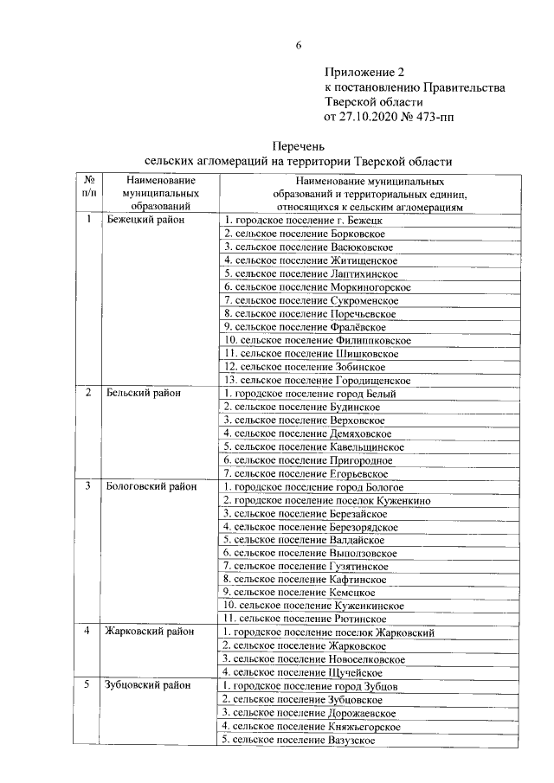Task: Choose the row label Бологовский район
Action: click(x=150, y=486)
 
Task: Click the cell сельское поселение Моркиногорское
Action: click(x=317, y=286)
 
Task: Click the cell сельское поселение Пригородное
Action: click(x=307, y=460)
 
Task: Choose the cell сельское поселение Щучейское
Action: click(x=302, y=672)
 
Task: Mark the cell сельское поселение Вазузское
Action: click(x=299, y=739)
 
